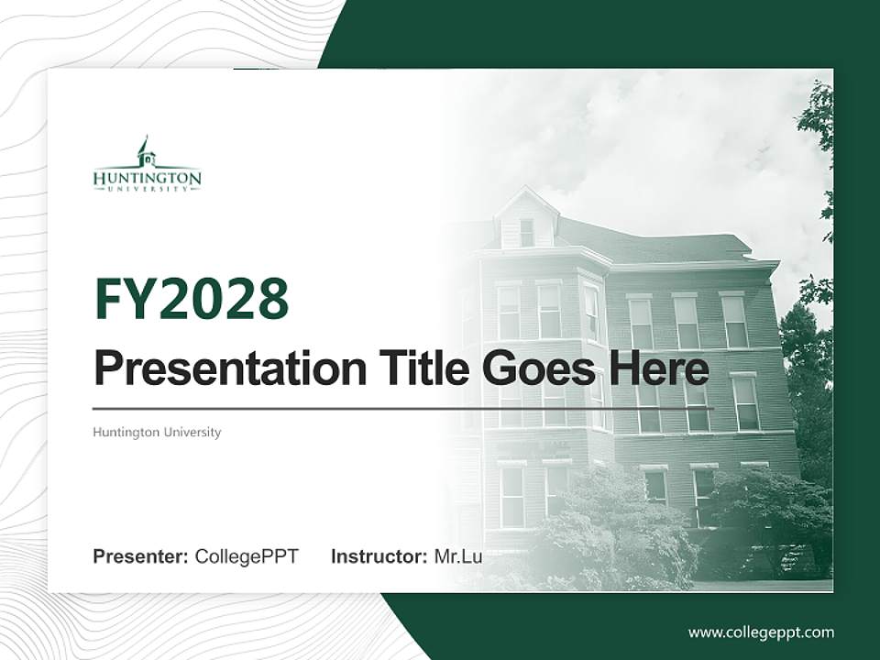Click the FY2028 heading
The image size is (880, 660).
click(192, 299)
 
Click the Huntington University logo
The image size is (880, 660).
click(147, 166)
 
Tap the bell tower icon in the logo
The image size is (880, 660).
click(145, 151)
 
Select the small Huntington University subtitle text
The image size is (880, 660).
click(157, 432)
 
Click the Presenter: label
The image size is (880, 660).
click(141, 556)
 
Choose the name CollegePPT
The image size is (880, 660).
click(247, 556)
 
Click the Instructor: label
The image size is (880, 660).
click(379, 556)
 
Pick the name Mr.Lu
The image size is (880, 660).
click(458, 556)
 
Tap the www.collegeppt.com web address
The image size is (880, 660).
click(761, 632)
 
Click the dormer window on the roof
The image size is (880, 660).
click(526, 232)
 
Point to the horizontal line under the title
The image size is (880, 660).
click(403, 409)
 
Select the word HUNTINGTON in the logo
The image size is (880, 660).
click(147, 177)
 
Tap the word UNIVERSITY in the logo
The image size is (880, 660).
click(147, 187)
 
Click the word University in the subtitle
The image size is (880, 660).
click(192, 432)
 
